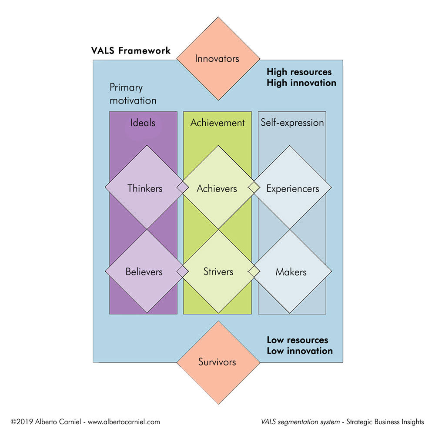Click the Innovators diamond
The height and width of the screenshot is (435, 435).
pos(217,58)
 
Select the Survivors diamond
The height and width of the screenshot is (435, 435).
pos(217,361)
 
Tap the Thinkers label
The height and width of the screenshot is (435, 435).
pos(145,188)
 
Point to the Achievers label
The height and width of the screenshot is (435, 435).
pos(217,188)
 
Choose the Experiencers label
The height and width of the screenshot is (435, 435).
pos(292,189)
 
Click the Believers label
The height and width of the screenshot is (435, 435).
pos(144,272)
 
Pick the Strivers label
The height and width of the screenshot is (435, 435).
pos(218,272)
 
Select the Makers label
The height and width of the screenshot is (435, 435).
pos(291,272)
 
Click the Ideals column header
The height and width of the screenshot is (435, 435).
pos(143,123)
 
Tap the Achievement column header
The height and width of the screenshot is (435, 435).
pos(217,123)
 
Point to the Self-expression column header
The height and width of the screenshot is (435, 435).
pos(292,123)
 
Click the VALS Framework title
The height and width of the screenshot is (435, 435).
pos(131,50)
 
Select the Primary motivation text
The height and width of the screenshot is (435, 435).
pos(133,94)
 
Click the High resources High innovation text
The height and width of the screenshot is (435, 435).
pos(301,77)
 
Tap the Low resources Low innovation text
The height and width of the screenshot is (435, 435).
pos(300,345)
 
